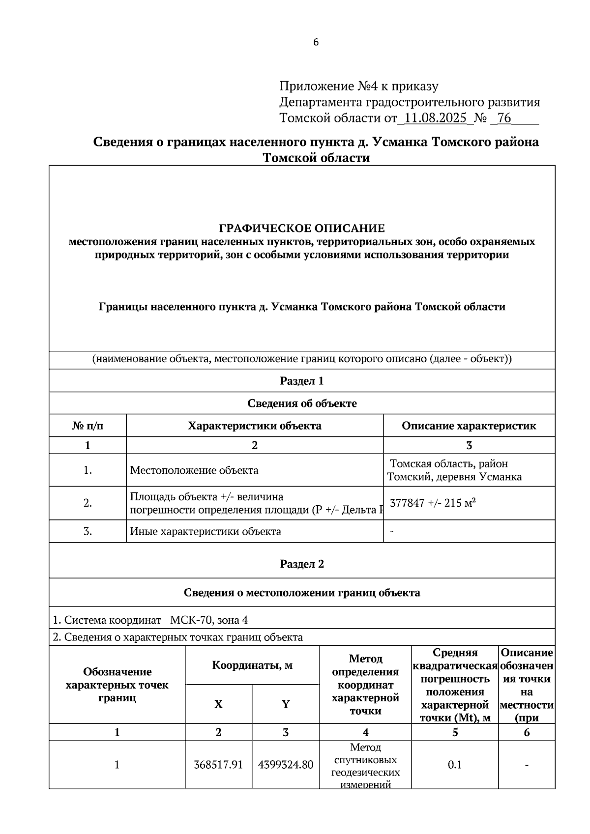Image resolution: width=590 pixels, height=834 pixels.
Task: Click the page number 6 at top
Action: point(316,42)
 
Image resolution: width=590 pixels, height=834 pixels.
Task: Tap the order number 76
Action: point(504,118)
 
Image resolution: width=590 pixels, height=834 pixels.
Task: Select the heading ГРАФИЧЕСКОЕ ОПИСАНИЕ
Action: point(301,229)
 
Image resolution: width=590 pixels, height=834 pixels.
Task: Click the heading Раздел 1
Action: point(301,381)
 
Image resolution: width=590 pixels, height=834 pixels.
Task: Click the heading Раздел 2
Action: point(301,564)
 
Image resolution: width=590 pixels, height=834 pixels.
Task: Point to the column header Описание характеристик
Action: point(469,426)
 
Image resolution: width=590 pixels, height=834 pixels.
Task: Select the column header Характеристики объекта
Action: point(254,426)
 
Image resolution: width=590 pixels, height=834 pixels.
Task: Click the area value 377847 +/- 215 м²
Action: point(433,503)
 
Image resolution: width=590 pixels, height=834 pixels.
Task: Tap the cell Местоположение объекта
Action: point(194,470)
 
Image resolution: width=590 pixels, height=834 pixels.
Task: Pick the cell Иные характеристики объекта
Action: point(205,531)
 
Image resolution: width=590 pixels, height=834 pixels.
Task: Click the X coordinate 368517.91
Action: point(218,765)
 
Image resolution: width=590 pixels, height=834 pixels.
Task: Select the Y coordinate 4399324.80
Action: point(285,765)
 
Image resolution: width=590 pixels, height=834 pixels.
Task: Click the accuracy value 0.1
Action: point(455,765)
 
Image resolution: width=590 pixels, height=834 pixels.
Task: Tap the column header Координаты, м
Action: point(252,665)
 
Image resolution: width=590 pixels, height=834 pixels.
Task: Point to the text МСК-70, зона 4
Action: point(208,620)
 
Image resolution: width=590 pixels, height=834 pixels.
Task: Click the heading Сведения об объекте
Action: point(301,403)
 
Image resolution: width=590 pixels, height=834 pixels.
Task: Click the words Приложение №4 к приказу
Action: point(358,86)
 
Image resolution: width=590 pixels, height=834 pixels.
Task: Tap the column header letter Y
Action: point(285,704)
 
